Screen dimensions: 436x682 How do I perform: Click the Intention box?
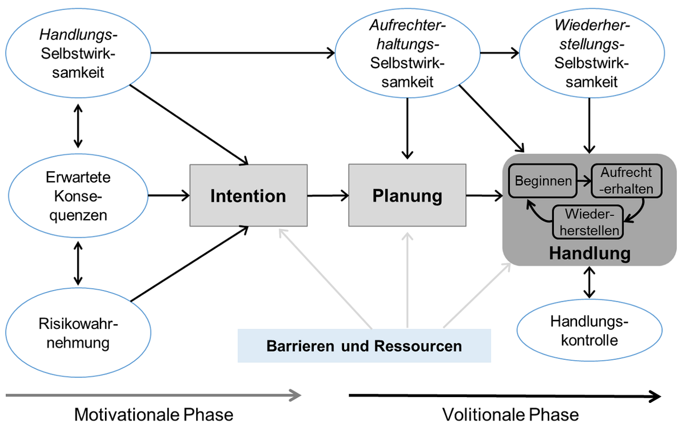(248, 195)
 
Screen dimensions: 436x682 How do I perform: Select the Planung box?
(407, 195)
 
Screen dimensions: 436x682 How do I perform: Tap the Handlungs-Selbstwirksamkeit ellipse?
(78, 54)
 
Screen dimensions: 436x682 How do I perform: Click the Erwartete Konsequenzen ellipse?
(78, 196)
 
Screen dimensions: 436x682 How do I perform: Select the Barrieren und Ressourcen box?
(364, 346)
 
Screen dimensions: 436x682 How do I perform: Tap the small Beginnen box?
(543, 180)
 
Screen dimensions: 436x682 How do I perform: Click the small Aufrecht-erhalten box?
(626, 180)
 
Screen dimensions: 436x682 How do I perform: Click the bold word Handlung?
(589, 253)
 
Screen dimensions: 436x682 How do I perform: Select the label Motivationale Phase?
(153, 414)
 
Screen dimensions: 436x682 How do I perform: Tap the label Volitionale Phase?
(510, 414)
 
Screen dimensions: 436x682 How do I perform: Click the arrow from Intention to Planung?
(328, 196)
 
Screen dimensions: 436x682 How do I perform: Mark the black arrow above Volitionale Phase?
(505, 395)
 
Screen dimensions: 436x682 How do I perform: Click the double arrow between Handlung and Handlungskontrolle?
(589, 282)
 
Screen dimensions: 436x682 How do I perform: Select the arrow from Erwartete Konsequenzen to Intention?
(169, 196)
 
